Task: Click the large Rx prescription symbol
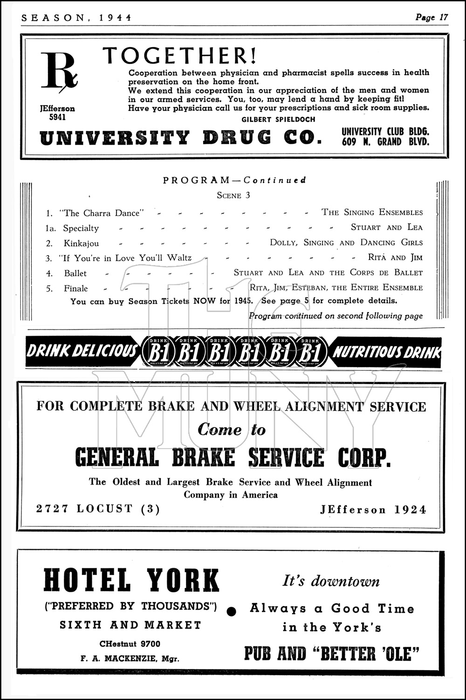click(58, 71)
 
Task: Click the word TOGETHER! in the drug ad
click(180, 56)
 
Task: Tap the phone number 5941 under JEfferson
click(57, 117)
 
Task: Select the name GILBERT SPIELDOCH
click(278, 119)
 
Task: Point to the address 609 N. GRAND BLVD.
click(385, 142)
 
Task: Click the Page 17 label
click(432, 17)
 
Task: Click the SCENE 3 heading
click(233, 195)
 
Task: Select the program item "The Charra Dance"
click(102, 213)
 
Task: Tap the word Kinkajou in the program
click(81, 243)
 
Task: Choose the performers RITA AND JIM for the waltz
click(395, 258)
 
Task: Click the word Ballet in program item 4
click(75, 273)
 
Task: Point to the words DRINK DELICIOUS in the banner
click(82, 351)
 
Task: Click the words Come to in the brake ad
click(232, 429)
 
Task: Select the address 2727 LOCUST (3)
click(98, 509)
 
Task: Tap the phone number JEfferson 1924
click(373, 510)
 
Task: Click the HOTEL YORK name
click(131, 580)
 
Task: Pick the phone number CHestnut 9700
click(130, 644)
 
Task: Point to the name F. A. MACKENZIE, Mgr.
click(130, 659)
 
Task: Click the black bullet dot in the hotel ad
click(231, 610)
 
